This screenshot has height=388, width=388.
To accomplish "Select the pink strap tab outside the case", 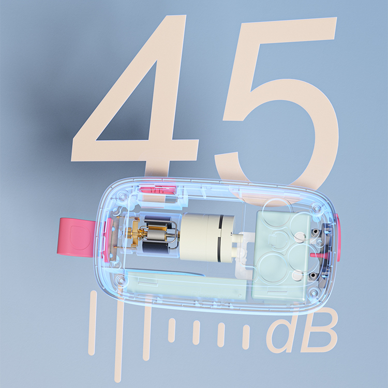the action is tap(76, 237).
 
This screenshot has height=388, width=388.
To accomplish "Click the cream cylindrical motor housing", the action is tap(206, 237).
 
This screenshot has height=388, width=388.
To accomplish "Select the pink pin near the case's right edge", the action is tap(319, 255).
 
